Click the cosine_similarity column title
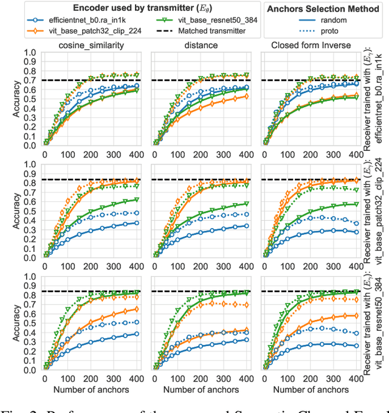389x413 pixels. pos(92,45)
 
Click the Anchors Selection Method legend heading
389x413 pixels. pos(322,7)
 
